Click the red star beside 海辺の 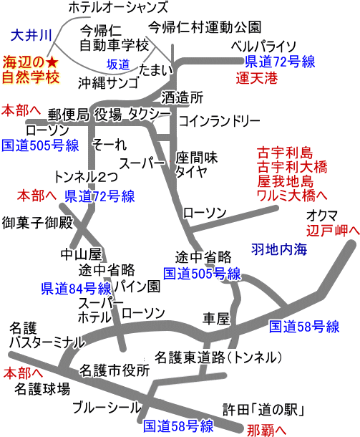[52, 63]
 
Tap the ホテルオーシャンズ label [118, 7]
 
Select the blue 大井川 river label [31, 36]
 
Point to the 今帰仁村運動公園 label [205, 27]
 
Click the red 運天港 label [257, 78]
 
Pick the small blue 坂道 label [118, 64]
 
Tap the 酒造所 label [183, 97]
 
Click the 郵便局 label [68, 115]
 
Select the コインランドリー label [220, 121]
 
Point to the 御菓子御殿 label [37, 222]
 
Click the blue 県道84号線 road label [77, 289]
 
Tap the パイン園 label [137, 286]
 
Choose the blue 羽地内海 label [279, 249]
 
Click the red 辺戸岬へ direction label [333, 231]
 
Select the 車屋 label [216, 319]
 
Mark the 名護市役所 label [115, 370]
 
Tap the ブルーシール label [107, 408]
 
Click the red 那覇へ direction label [266, 430]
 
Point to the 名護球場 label [42, 389]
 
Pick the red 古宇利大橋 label [292, 167]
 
